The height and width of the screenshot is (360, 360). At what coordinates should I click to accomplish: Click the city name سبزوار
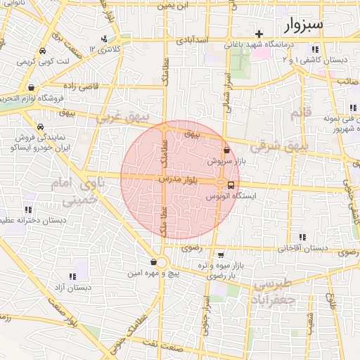[x=304, y=27]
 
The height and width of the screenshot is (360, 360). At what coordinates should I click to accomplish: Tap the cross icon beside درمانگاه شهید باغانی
[x=259, y=34]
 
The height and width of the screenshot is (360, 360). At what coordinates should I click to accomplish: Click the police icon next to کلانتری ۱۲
[x=104, y=39]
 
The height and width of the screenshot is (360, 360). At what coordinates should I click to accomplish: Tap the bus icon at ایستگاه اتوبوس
[x=231, y=186]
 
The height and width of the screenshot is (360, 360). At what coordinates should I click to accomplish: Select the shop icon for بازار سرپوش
[x=226, y=150]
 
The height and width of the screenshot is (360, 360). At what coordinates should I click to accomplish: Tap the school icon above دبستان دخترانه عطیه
[x=28, y=210]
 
